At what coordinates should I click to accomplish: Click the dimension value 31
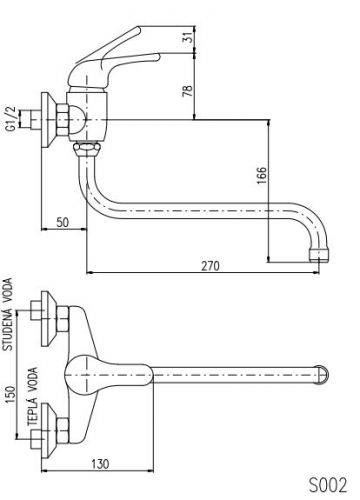[x=189, y=37]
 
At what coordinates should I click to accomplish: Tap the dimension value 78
[x=188, y=91]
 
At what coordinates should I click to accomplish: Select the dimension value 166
[x=262, y=175]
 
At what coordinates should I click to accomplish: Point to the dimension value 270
[x=210, y=266]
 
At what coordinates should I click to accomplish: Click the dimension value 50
[x=62, y=222]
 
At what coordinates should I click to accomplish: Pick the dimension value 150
[x=11, y=394]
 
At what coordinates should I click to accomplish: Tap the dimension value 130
[x=100, y=464]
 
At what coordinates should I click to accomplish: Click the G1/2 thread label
[x=11, y=119]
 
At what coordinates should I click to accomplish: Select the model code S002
[x=328, y=484]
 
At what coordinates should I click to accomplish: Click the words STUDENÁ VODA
[x=7, y=314]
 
